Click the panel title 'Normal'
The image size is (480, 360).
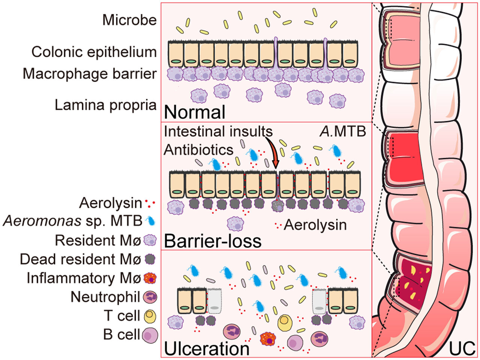click(195, 112)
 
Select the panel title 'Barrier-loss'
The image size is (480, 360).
click(213, 241)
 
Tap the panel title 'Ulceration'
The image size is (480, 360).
click(207, 348)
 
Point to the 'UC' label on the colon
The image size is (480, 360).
click(462, 348)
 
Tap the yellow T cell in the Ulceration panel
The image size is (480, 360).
click(285, 323)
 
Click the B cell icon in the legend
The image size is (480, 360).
click(150, 335)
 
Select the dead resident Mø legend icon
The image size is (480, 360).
click(150, 259)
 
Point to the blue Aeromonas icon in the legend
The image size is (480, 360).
click(149, 222)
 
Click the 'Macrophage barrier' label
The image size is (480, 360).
click(89, 73)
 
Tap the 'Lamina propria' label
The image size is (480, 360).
click(105, 105)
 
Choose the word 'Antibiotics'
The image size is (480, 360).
click(199, 150)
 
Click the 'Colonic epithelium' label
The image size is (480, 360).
click(94, 52)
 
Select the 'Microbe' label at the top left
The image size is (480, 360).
click(129, 20)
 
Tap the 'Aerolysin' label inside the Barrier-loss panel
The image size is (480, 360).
click(315, 225)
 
